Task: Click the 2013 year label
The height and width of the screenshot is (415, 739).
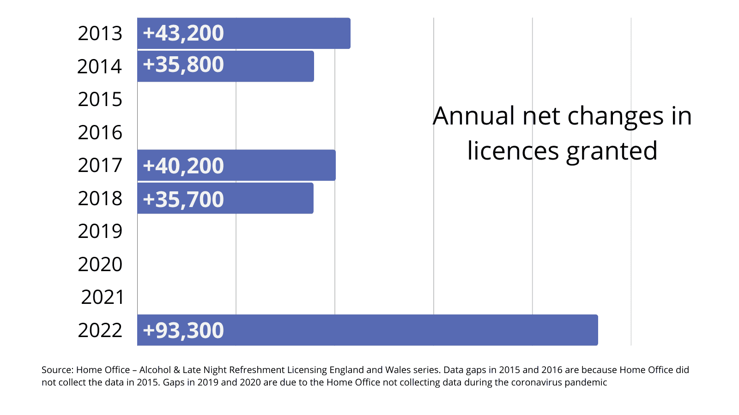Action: (100, 33)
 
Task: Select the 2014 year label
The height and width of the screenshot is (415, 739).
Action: (100, 66)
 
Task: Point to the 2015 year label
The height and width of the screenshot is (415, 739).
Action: (100, 99)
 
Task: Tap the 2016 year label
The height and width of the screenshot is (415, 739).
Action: (100, 132)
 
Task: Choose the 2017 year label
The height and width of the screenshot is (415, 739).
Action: (100, 165)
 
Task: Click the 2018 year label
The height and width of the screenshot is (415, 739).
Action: (100, 198)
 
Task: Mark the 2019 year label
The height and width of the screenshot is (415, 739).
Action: (100, 231)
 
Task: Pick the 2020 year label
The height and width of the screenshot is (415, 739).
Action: (100, 264)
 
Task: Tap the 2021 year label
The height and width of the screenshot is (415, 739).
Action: (103, 297)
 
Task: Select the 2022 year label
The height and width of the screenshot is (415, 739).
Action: (100, 330)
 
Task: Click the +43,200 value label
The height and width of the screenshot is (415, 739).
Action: (183, 33)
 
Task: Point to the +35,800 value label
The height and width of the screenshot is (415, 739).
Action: (183, 65)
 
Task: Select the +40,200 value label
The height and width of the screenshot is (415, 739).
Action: (183, 166)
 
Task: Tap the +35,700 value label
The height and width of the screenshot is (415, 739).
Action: (183, 199)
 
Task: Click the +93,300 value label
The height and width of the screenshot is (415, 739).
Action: (183, 330)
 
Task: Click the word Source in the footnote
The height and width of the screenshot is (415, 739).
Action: (57, 370)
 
